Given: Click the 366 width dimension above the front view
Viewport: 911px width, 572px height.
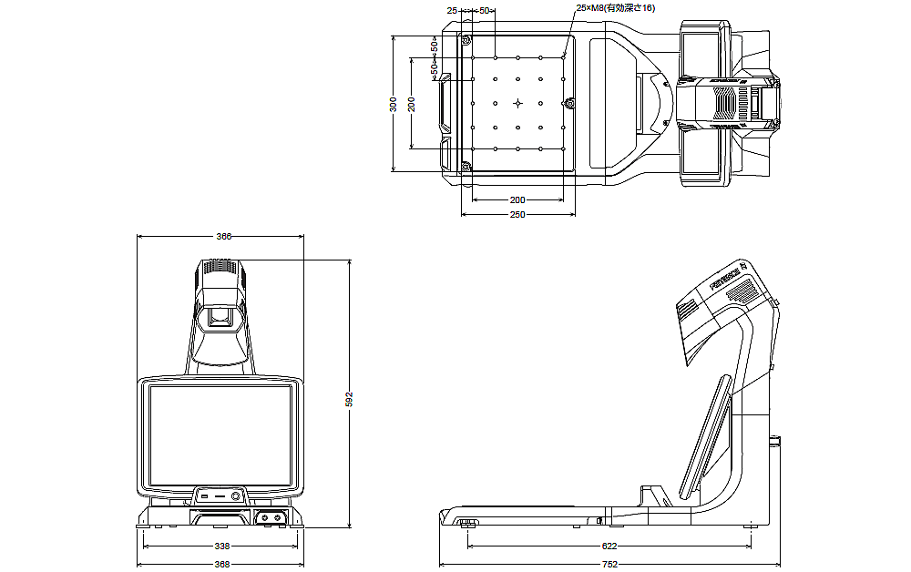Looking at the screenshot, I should pos(223,236).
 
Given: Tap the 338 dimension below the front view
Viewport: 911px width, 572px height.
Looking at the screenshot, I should pos(222,546).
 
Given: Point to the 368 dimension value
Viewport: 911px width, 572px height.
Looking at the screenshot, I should pos(222,565).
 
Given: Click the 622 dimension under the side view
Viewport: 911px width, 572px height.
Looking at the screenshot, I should pos(609,546).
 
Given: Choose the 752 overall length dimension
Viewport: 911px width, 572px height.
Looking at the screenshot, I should pos(609,565).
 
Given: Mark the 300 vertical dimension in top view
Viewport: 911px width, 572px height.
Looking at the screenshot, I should pos(394,104).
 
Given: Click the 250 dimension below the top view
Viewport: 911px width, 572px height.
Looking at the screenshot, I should pos(517,215).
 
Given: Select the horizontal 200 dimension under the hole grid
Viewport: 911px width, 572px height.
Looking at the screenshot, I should pos(517,199).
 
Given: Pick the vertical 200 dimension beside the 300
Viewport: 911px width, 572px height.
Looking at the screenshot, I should pos(412,104).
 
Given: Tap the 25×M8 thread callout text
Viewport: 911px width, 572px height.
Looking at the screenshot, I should pos(616,8).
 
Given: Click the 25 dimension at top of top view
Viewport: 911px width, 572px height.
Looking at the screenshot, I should pos(452,10).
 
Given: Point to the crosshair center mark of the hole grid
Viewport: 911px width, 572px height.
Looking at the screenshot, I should pos(517,102).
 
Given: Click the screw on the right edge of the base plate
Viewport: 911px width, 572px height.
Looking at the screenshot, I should pos(570,102).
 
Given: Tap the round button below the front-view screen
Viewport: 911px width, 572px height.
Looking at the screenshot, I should pos(236,495).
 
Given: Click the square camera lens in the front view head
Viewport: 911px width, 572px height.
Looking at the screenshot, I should pos(219,318).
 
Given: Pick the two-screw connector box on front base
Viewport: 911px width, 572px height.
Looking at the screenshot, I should pos(270,516).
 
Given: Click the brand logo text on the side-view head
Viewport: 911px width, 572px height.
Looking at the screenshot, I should pos(727,273).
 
